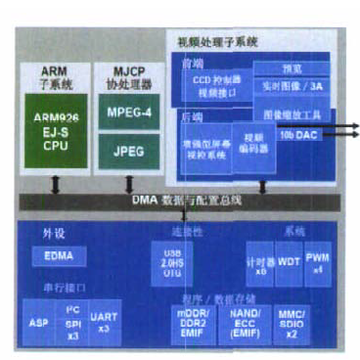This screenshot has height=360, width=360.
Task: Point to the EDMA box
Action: tap(59, 255)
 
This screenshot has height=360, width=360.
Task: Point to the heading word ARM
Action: tap(55, 71)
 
